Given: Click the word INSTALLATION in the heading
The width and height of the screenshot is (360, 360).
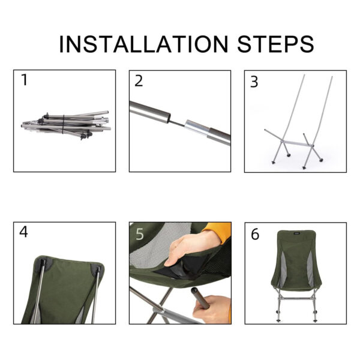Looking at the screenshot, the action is pyautogui.click(x=144, y=44).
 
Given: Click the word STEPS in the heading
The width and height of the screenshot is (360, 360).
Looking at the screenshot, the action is pyautogui.click(x=275, y=44).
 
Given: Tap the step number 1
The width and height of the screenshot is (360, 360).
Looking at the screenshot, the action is pyautogui.click(x=25, y=80).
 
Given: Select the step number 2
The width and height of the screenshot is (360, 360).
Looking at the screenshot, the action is pyautogui.click(x=139, y=81).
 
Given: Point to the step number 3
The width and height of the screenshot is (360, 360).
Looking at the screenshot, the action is pyautogui.click(x=254, y=82).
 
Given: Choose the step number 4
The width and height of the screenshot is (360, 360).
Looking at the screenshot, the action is pyautogui.click(x=23, y=232).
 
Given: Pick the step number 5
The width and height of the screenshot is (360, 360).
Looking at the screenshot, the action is pyautogui.click(x=140, y=234).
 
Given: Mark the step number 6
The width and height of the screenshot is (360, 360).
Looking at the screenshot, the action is pyautogui.click(x=255, y=235).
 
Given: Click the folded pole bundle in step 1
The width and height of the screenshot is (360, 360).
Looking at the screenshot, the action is pyautogui.click(x=66, y=125).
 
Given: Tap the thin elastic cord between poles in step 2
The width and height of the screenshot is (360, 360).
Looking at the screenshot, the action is pyautogui.click(x=178, y=123).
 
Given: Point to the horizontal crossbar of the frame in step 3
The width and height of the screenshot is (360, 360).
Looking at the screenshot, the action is pyautogui.click(x=298, y=143).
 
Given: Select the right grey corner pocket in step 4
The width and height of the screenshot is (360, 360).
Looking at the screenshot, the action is pyautogui.click(x=97, y=268).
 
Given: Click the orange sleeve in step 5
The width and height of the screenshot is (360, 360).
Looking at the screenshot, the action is pyautogui.click(x=218, y=232).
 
